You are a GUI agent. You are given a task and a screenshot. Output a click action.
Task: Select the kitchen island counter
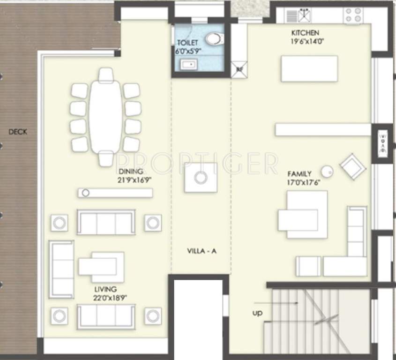pyautogui.click(x=309, y=69)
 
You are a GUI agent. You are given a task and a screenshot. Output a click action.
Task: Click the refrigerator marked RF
pyautogui.click(x=239, y=69)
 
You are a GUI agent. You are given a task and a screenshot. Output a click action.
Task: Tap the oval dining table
pyautogui.click(x=106, y=116)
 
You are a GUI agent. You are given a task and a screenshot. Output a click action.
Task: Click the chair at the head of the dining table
pyautogui.click(x=106, y=75)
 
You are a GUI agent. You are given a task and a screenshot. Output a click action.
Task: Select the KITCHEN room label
pyautogui.click(x=305, y=33)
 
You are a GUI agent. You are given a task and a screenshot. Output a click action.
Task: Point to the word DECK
pyautogui.click(x=18, y=132)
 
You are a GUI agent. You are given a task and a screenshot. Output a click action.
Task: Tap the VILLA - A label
pyautogui.click(x=201, y=251)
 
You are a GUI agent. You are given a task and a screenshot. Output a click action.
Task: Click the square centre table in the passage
pyautogui.click(x=201, y=178)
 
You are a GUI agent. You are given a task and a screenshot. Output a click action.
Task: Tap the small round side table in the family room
pyautogui.click(x=327, y=172)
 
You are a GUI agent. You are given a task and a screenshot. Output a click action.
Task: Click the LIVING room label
pyautogui.click(x=105, y=289)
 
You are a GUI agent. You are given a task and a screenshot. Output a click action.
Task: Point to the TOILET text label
pyautogui.click(x=187, y=43)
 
